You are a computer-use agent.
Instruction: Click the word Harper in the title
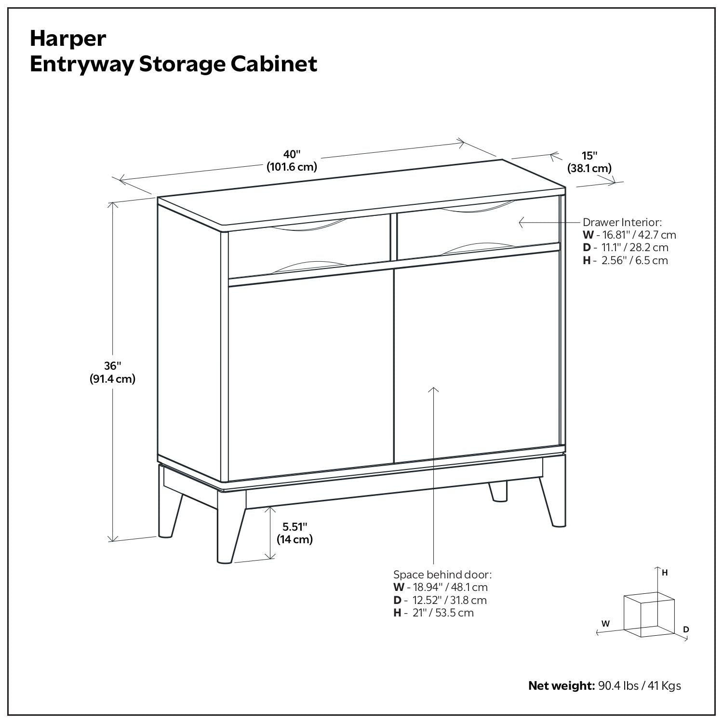pos(68,39)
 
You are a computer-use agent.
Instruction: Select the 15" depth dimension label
pos(589,156)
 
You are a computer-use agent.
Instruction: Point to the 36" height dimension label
pos(112,366)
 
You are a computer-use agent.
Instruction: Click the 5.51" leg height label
pos(295,526)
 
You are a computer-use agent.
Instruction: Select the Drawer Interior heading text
pos(622,222)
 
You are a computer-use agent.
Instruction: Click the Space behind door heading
pos(442,575)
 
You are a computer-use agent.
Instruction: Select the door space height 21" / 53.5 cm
pos(439,613)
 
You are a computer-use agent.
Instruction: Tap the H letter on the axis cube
pos(665,573)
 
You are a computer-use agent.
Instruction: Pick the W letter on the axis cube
pos(606,624)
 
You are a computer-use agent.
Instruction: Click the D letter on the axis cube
pos(686,629)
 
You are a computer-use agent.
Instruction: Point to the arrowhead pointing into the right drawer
pos(521,222)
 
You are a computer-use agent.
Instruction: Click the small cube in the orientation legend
pos(648,616)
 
